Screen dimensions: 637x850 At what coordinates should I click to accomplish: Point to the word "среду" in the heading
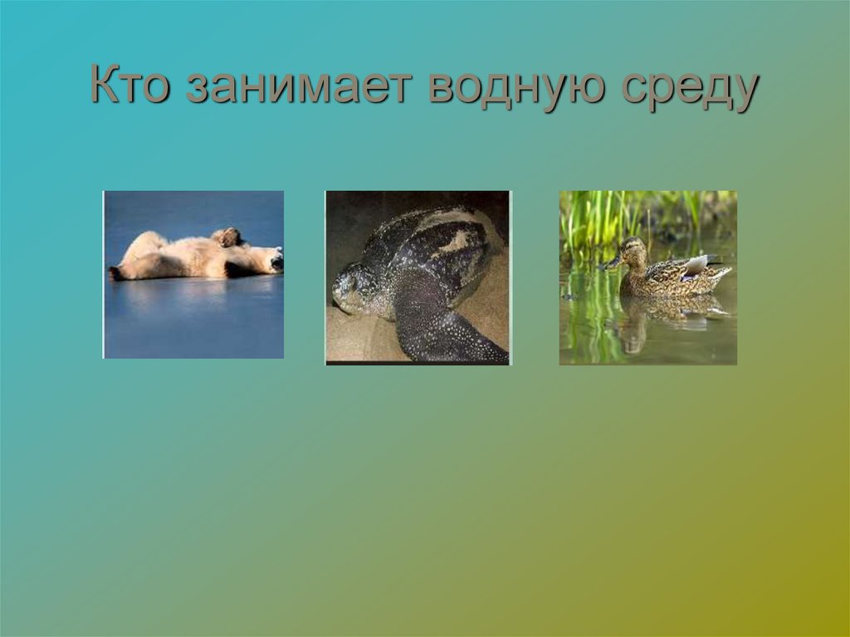[x=688, y=88]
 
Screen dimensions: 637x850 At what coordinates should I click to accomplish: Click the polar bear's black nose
[x=279, y=263]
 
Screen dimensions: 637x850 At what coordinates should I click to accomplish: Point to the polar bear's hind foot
[x=116, y=272]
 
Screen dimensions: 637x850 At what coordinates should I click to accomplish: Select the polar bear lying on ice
[x=195, y=256]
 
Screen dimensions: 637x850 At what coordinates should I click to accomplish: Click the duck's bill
[x=611, y=262]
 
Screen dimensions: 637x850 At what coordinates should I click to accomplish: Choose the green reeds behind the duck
[x=606, y=216]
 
